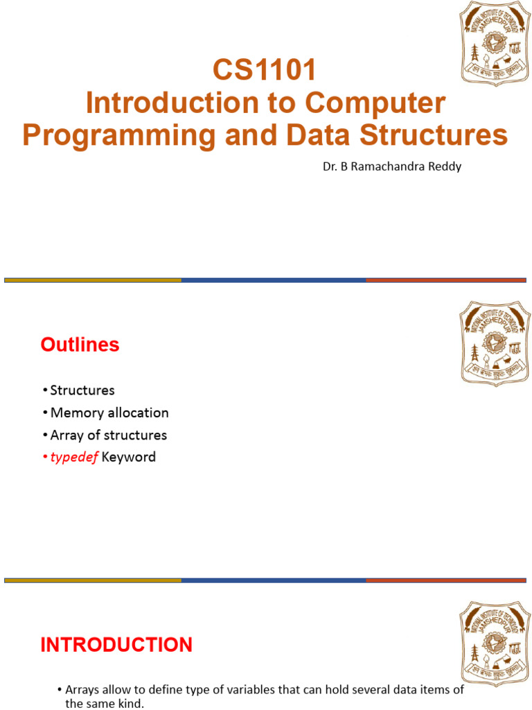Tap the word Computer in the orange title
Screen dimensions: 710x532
(x=375, y=103)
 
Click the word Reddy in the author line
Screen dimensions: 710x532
(x=445, y=166)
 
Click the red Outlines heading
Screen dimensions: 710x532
(x=80, y=345)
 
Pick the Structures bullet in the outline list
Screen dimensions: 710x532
(x=82, y=390)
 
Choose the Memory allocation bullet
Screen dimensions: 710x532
(x=109, y=413)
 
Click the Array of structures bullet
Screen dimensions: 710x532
(x=108, y=435)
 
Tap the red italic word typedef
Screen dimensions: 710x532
(x=74, y=457)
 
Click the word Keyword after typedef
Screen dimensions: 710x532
(x=129, y=457)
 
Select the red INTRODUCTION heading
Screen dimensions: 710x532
(x=116, y=645)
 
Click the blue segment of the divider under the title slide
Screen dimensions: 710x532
(x=274, y=280)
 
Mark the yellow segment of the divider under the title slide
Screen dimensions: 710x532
(x=93, y=280)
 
